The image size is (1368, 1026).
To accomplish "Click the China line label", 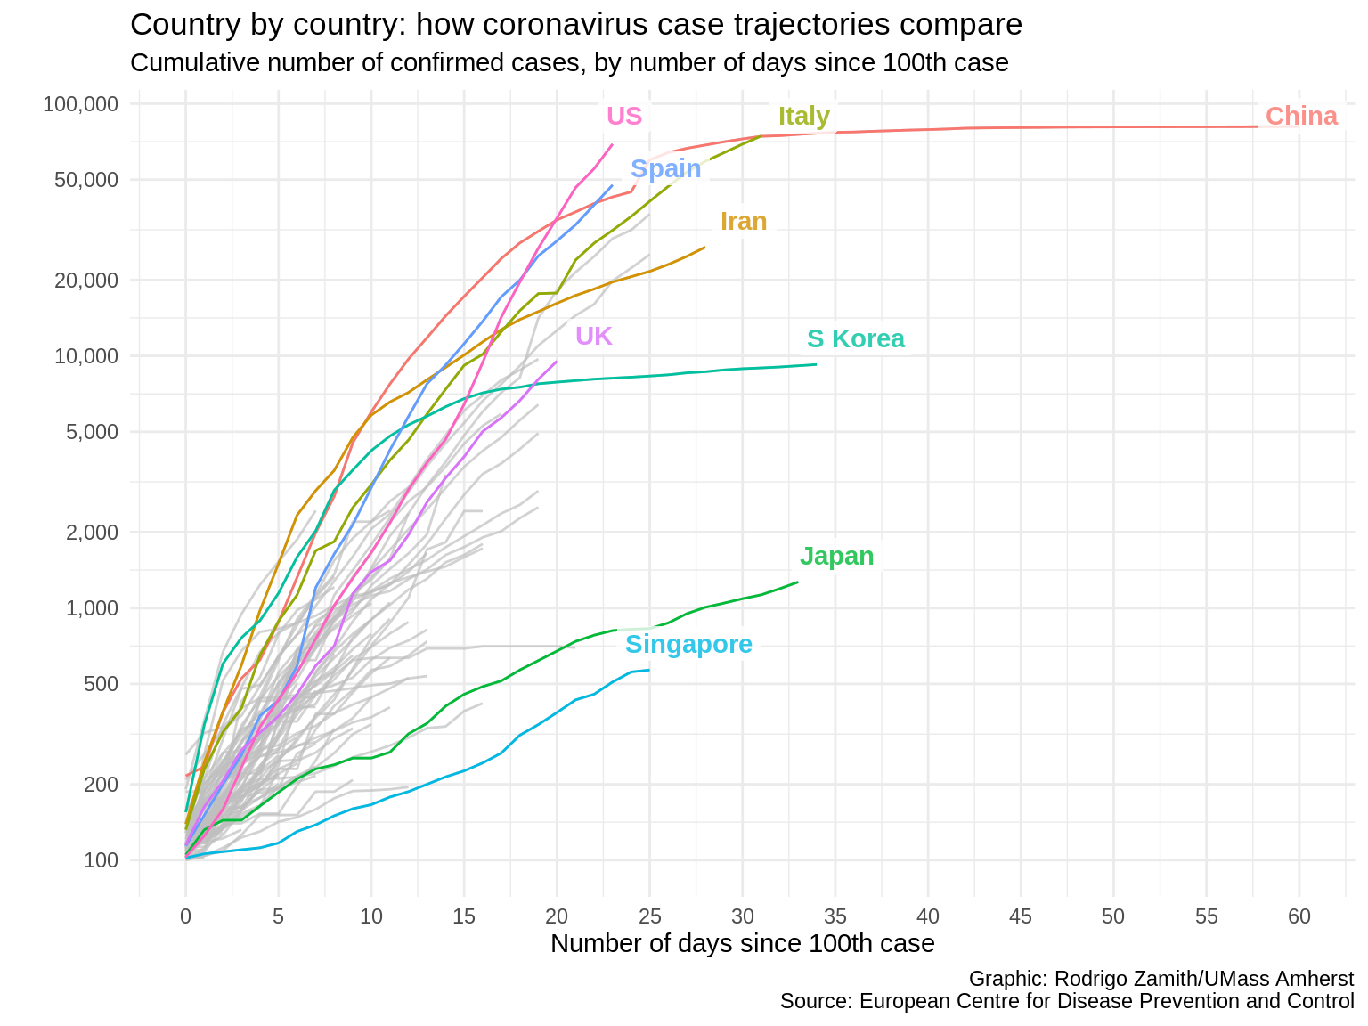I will (x=1300, y=116).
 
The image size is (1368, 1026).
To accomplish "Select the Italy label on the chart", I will (x=803, y=116).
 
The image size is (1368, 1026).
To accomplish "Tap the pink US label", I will (x=623, y=116).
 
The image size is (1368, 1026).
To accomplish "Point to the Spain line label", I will (x=665, y=168).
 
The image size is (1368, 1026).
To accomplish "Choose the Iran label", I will (x=743, y=221).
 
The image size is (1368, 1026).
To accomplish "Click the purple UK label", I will (x=593, y=336).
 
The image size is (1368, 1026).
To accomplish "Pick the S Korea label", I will (x=855, y=338).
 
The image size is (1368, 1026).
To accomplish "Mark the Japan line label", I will (x=836, y=556).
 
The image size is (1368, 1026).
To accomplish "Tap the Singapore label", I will (x=688, y=644).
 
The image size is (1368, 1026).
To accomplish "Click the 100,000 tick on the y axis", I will (x=80, y=104).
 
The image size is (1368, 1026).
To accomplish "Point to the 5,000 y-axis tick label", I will (x=93, y=432).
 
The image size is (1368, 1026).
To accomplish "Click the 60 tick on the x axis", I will (x=1299, y=916).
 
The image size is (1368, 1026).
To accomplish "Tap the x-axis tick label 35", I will (x=835, y=916).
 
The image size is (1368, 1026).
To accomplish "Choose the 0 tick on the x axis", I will (x=185, y=916).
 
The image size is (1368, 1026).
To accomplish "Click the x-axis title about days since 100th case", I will (x=742, y=944).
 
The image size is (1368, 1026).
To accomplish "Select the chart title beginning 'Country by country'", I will (x=575, y=25).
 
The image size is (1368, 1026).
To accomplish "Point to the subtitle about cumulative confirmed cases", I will (x=568, y=63).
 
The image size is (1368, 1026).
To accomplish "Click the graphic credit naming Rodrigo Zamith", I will (x=1160, y=979).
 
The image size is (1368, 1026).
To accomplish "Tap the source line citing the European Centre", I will (x=1066, y=1001).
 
